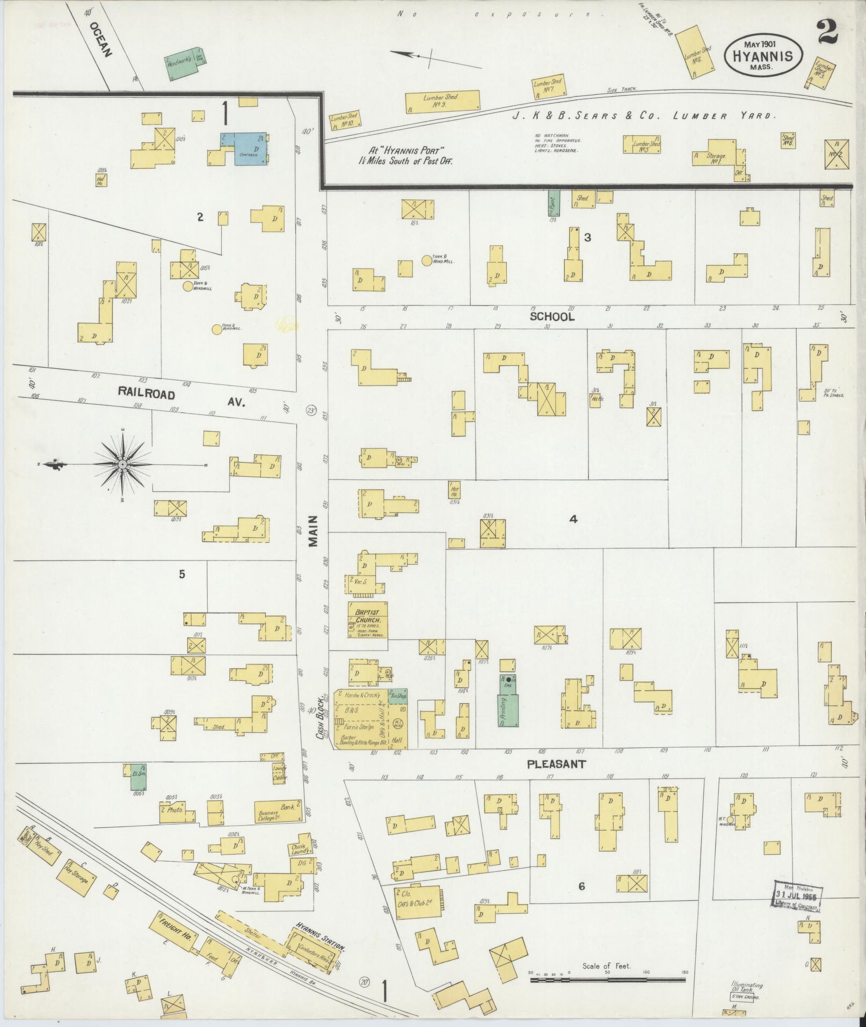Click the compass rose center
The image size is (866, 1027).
[122, 464]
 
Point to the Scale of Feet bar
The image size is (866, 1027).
[608, 604]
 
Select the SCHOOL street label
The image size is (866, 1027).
[552, 317]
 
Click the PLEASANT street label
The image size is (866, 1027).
[556, 764]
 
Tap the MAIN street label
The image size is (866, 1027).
[314, 531]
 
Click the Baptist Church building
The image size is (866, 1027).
[368, 621]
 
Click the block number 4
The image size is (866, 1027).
[573, 519]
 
